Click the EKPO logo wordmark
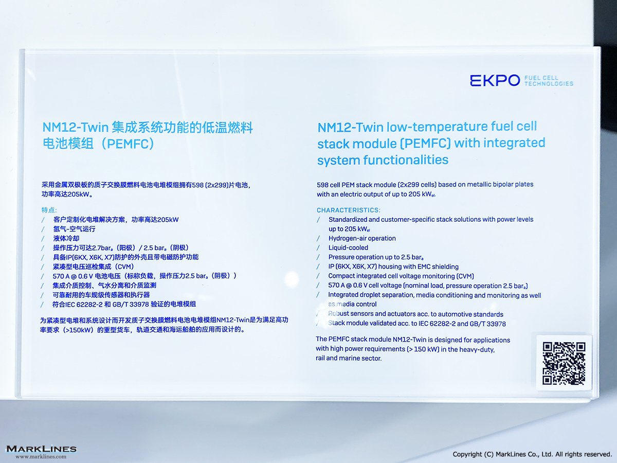coord(495,80)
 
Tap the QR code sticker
coord(564,363)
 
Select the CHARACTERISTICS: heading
coord(348,210)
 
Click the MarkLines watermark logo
coord(41,449)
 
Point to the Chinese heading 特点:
coord(49,210)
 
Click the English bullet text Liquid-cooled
coord(348,247)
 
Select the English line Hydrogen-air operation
coord(362,238)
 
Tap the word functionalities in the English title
coord(406,159)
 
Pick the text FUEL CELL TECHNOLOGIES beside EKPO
coord(549,81)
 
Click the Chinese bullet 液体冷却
coord(66,238)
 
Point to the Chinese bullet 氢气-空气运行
coord(74,229)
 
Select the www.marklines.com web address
coord(41,456)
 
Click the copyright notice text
coord(532,454)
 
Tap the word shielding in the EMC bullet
coord(446,266)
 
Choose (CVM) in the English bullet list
coord(465,276)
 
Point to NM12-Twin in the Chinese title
coord(76,128)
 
